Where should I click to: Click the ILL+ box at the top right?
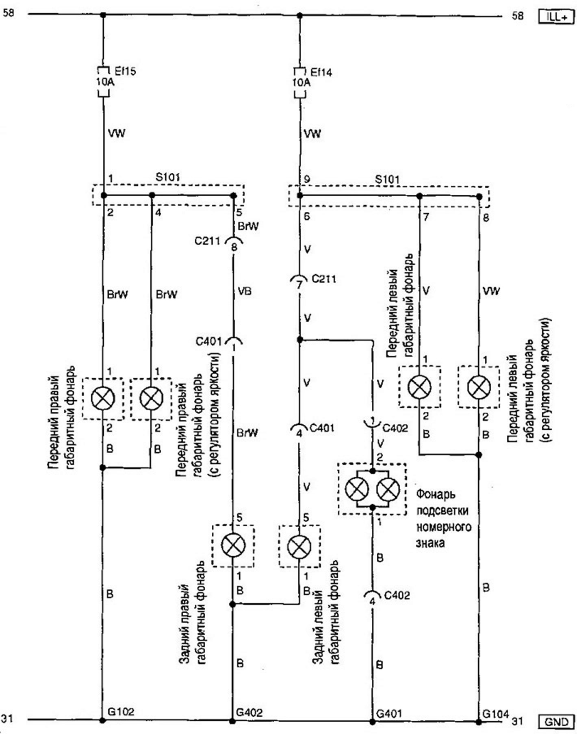556,16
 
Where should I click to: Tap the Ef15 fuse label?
125,72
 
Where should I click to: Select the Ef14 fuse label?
321,72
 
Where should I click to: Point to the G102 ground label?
121,711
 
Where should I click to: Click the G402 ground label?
249,712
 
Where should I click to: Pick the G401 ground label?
389,713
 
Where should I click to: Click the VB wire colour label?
244,291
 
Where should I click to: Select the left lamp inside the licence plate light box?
357,489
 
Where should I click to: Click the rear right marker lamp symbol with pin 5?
233,545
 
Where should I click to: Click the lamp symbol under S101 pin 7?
419,387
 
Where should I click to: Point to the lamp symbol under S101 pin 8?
479,387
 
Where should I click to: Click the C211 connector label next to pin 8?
207,241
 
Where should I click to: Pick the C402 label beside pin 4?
397,595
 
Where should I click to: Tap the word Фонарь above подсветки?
436,495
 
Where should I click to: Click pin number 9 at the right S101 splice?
306,179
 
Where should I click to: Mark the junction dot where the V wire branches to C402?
300,339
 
